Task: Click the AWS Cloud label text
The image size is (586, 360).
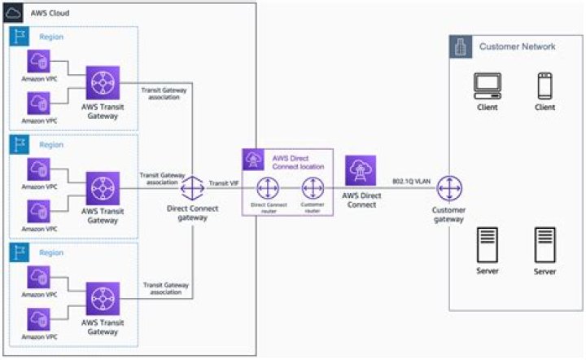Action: [x=50, y=14]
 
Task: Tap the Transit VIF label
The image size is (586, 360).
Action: [x=221, y=183]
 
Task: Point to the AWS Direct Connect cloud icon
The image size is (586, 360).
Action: [x=361, y=172]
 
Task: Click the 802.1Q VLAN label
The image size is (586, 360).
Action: [x=411, y=181]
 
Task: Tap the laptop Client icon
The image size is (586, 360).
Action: [x=488, y=86]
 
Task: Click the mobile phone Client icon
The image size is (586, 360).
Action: [x=545, y=86]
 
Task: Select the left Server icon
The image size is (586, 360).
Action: [x=488, y=244]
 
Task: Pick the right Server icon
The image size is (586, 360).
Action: [x=545, y=244]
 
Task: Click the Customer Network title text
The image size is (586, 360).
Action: [x=517, y=47]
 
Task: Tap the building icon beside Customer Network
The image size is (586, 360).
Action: [x=461, y=47]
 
